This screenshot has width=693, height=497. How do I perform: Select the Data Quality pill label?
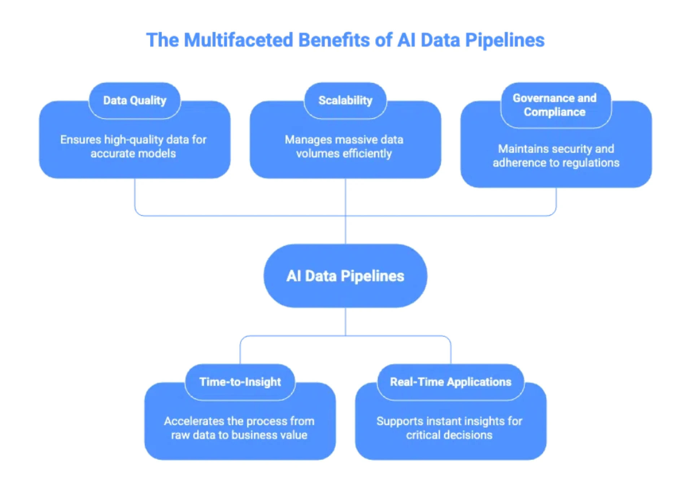[135, 100]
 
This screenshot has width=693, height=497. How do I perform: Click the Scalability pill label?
[345, 100]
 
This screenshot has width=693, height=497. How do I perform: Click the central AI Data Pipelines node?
[345, 276]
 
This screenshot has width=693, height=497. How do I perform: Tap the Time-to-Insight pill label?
[240, 382]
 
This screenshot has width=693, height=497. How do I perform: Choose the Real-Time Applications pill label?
[450, 382]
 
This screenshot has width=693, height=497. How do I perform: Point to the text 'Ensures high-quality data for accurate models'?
[133, 147]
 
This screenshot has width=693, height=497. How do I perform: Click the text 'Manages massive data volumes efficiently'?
[344, 147]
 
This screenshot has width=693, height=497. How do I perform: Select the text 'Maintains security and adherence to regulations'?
[556, 156]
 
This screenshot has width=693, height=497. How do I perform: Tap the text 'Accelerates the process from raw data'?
[239, 428]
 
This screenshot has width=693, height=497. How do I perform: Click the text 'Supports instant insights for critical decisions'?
[449, 428]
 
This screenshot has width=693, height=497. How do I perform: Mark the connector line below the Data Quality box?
[135, 195]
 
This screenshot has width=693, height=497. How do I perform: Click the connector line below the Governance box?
[556, 200]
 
